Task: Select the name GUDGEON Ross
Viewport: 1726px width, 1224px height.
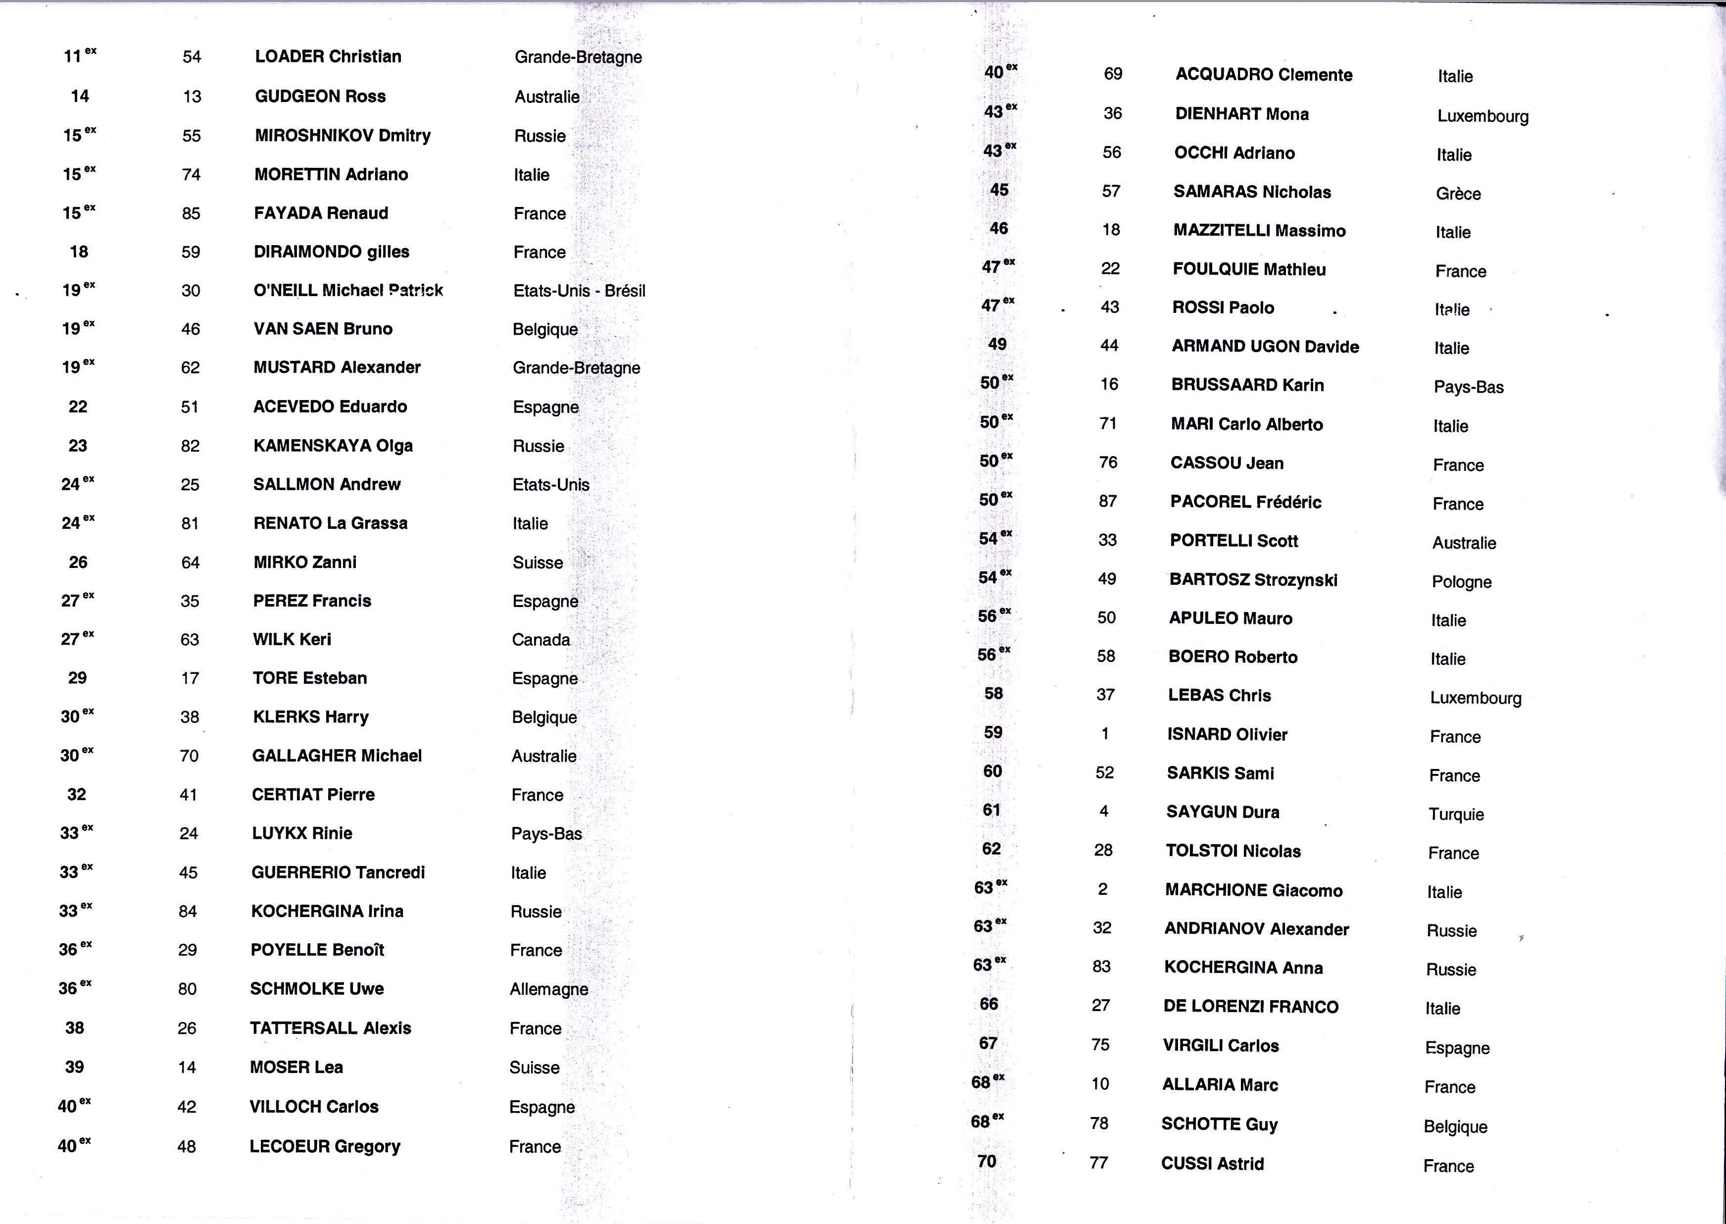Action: point(320,97)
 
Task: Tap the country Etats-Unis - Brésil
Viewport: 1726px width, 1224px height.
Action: point(579,291)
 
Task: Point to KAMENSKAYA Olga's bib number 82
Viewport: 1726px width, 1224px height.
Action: point(190,446)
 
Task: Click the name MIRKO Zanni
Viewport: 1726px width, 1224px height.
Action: point(305,562)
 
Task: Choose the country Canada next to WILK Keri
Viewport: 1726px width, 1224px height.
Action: point(541,640)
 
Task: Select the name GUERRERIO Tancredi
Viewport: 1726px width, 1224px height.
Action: point(338,873)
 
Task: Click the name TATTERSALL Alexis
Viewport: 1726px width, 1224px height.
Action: point(331,1029)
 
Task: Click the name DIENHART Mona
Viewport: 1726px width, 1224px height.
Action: point(1241,114)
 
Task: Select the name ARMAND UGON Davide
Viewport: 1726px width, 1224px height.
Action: point(1265,347)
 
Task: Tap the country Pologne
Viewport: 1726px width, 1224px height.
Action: point(1462,582)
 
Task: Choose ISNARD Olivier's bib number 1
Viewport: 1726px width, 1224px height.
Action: point(1105,734)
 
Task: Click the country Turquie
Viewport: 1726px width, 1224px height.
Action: point(1456,815)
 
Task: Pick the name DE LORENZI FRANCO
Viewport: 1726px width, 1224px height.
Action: point(1251,1007)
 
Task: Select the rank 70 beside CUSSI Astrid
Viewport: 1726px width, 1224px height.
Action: point(987,1162)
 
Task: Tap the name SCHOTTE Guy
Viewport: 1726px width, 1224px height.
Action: point(1219,1124)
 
